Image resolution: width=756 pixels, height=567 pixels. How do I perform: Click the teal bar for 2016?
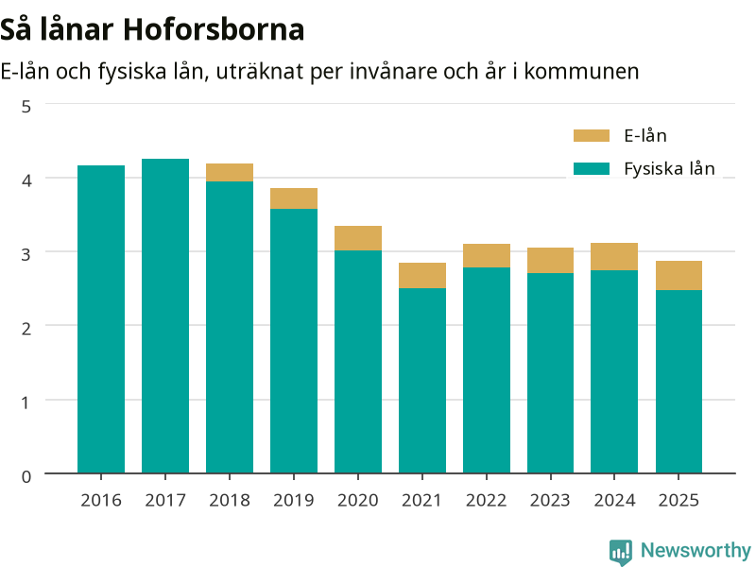(x=101, y=319)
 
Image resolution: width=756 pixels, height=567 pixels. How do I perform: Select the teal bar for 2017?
(x=165, y=316)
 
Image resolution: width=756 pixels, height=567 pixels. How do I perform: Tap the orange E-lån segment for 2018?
(x=230, y=173)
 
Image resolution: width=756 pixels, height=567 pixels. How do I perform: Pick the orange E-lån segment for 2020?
(x=358, y=238)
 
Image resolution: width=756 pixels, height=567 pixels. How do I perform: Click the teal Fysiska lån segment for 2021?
(x=422, y=381)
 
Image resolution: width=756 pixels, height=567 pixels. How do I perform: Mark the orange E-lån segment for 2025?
(x=679, y=275)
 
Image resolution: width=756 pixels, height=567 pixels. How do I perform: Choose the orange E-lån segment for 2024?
(x=614, y=256)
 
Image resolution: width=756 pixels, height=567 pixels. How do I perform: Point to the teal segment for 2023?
(x=550, y=373)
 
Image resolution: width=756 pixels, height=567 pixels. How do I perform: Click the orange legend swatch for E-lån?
(x=592, y=135)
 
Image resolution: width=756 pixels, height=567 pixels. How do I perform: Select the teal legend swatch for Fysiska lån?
(x=592, y=169)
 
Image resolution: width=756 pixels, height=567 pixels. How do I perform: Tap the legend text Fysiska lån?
(x=669, y=169)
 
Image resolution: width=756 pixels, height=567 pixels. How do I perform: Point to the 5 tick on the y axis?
(x=26, y=107)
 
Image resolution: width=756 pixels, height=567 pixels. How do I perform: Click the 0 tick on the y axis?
(x=26, y=476)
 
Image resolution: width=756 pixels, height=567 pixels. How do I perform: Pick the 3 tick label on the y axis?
(x=26, y=254)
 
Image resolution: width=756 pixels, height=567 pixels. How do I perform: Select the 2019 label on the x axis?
(x=294, y=501)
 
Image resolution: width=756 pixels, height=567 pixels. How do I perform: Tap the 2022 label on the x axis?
(x=486, y=501)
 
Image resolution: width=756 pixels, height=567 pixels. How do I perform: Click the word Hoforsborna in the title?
(x=214, y=29)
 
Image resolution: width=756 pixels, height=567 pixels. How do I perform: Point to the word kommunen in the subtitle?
(x=581, y=72)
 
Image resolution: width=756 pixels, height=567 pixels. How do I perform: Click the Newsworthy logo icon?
(x=621, y=552)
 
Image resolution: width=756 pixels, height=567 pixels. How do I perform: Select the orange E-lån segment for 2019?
(x=294, y=198)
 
